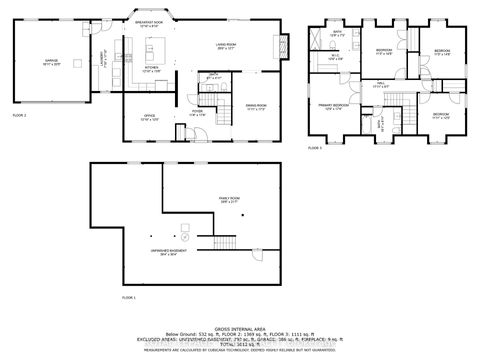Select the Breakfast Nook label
pos(150,25)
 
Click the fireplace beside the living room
pos(285,44)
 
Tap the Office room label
pos(147,118)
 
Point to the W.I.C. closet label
pos(335,58)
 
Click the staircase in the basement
pos(221,246)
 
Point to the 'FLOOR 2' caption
pos(19,144)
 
